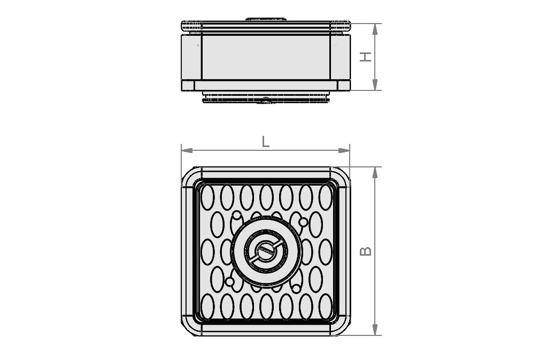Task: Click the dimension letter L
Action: (265, 142)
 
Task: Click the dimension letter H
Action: (365, 57)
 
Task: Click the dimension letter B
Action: (365, 250)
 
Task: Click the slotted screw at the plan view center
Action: (265, 250)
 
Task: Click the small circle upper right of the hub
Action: (303, 221)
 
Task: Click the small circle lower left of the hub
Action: (229, 281)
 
